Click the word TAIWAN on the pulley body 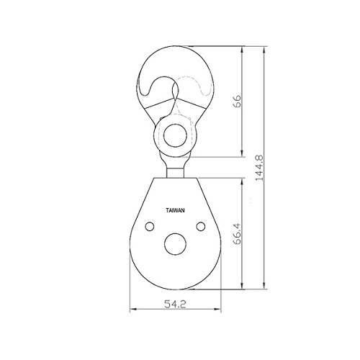coord(176,210)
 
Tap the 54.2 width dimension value coord(175,305)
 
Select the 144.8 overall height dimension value coord(259,168)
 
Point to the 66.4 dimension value coord(237,234)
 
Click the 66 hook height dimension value coord(237,101)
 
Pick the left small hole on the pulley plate coord(150,226)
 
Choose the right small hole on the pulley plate coord(201,226)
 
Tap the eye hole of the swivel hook coord(175,135)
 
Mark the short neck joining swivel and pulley coord(176,173)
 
